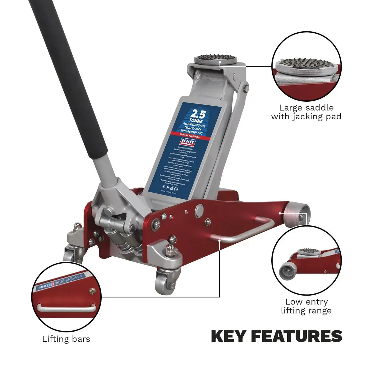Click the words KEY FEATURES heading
(276, 336)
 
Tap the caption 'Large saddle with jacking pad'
(306, 112)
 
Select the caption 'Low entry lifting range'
(306, 306)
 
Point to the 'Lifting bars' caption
(66, 338)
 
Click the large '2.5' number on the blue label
(198, 113)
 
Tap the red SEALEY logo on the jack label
(187, 142)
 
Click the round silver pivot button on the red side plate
(199, 210)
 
